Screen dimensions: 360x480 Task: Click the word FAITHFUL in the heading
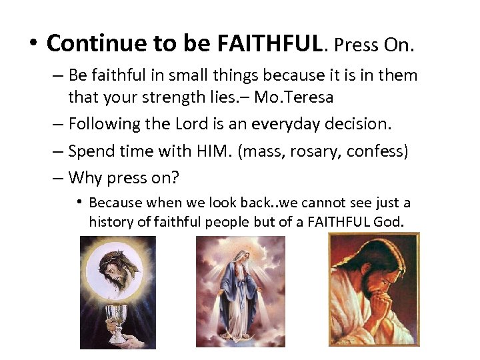pyautogui.click(x=270, y=43)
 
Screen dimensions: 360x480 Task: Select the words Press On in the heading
pyautogui.click(x=374, y=45)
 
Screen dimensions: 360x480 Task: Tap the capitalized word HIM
pyautogui.click(x=214, y=151)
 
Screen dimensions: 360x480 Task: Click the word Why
pyautogui.click(x=85, y=178)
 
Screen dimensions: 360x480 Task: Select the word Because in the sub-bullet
pyautogui.click(x=115, y=203)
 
